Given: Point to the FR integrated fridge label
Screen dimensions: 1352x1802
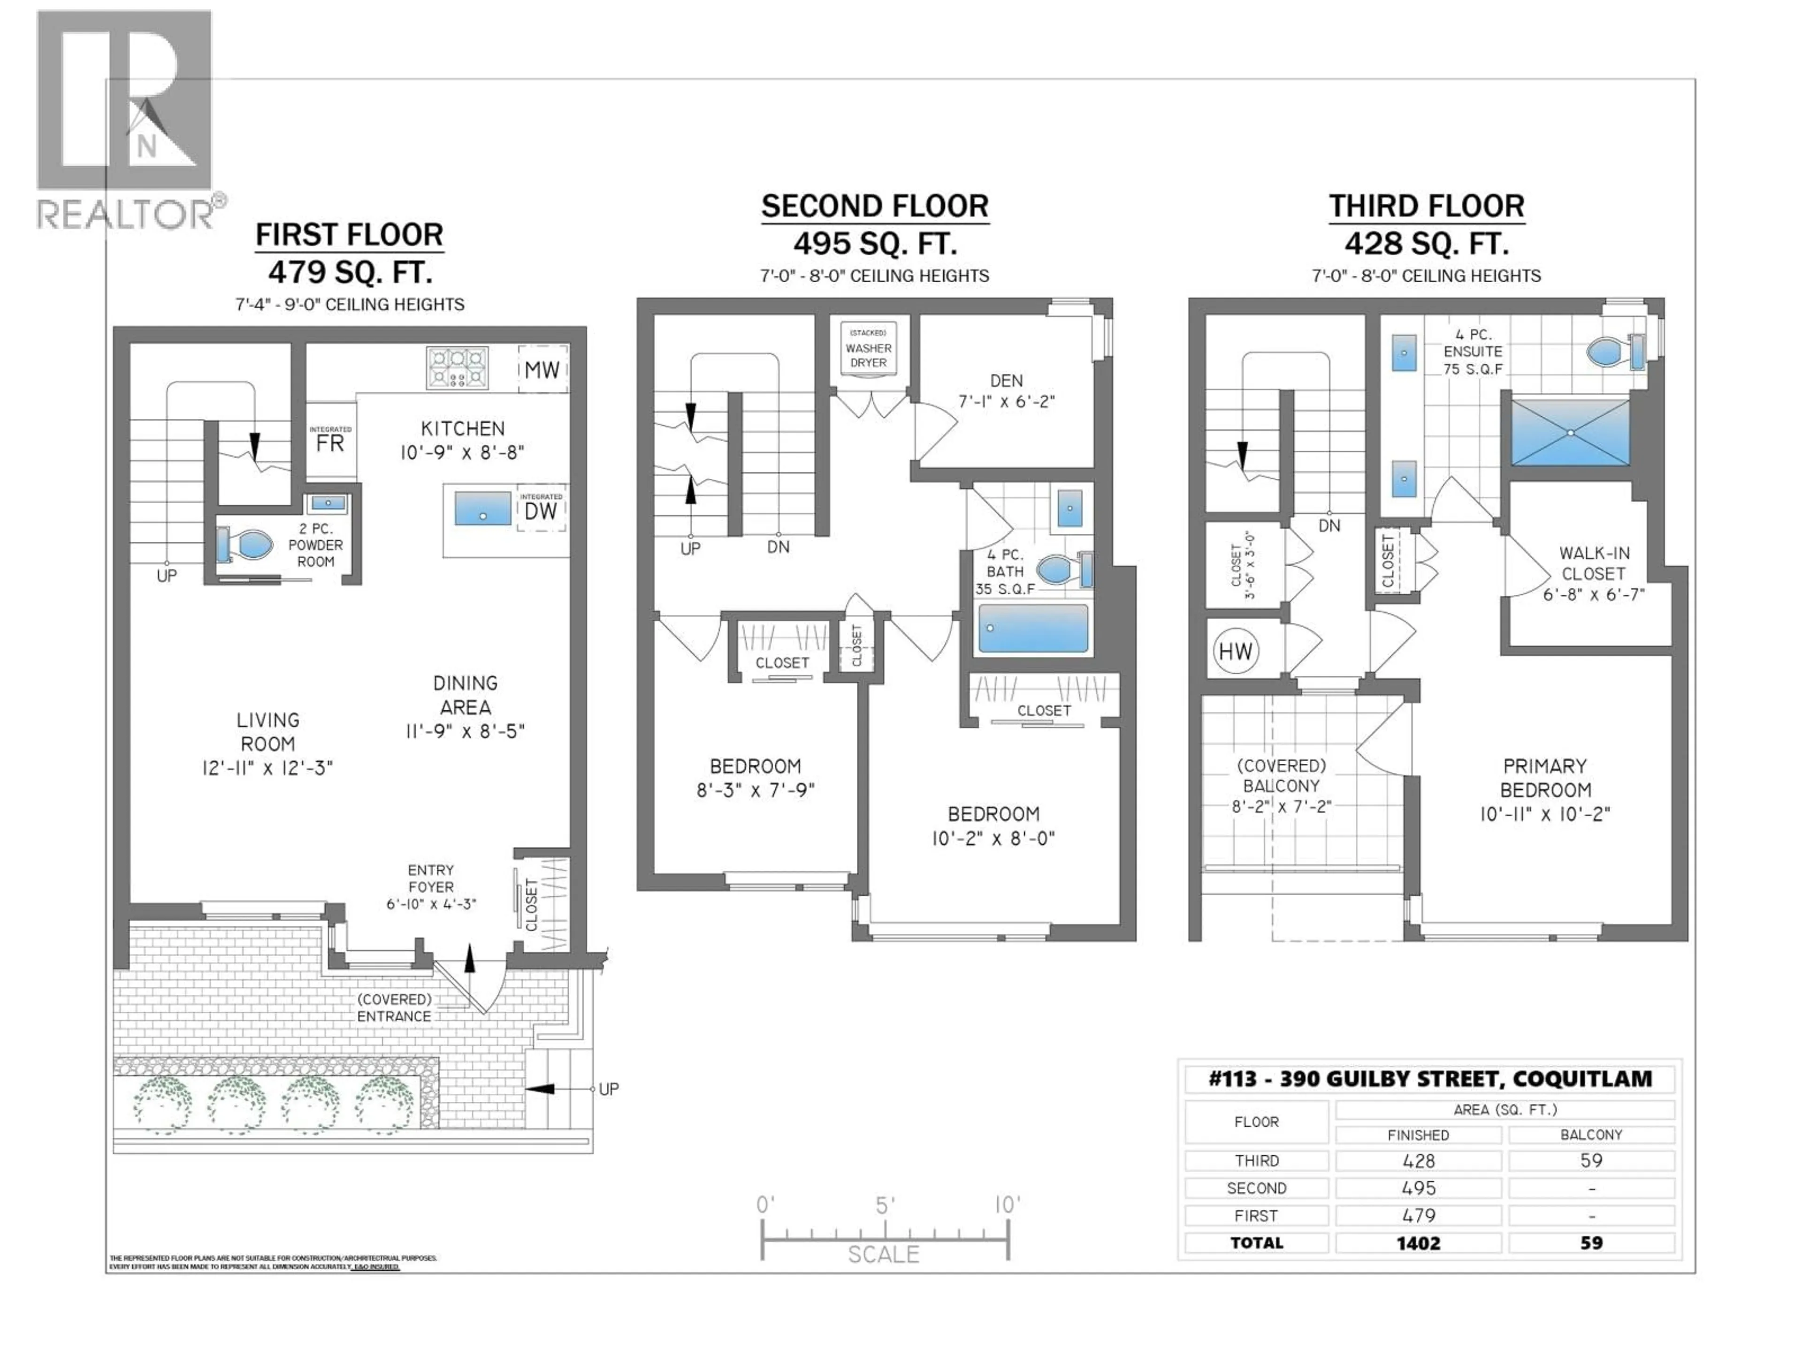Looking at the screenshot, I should [x=330, y=443].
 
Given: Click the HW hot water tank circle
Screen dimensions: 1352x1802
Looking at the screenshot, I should [x=1235, y=651].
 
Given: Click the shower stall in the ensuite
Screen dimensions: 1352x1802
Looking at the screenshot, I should [x=1570, y=433].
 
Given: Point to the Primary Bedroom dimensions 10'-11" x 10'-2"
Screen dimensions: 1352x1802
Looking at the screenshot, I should [x=1544, y=814].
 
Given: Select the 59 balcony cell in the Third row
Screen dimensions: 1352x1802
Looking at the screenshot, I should [x=1591, y=1160].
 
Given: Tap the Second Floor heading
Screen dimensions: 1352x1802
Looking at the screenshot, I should [x=875, y=206].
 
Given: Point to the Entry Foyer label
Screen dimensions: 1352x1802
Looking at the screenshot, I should [x=431, y=878].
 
